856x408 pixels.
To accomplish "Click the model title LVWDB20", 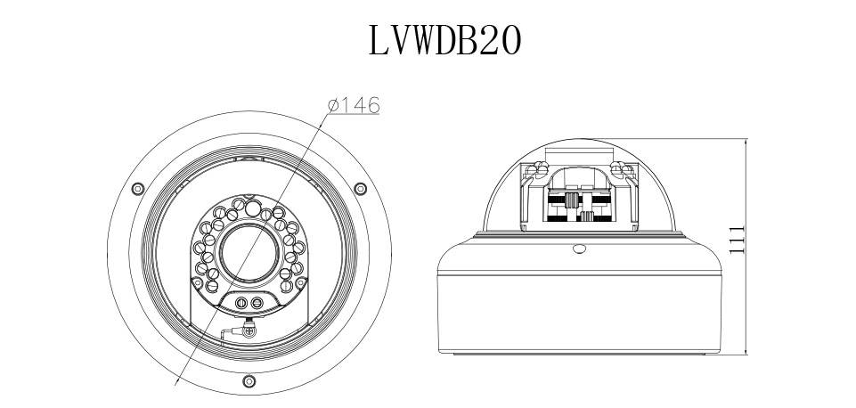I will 444,40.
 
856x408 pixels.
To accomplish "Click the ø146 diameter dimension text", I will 354,106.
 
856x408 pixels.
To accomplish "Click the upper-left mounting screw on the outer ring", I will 137,189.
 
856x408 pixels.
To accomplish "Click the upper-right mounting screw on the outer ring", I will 360,189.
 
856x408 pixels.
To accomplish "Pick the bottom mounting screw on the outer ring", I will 249,381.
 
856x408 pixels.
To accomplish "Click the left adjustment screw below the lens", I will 240,304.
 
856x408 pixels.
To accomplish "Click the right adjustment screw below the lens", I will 257,304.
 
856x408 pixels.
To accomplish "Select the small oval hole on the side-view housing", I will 580,249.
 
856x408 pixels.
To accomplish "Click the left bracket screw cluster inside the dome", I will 537,170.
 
